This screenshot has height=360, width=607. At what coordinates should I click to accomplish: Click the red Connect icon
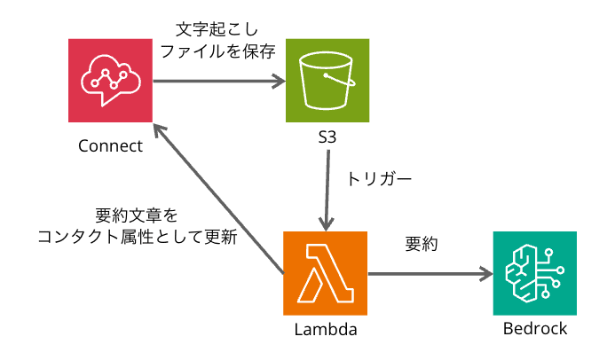tap(112, 81)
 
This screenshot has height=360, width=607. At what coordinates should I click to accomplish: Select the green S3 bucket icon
tap(327, 81)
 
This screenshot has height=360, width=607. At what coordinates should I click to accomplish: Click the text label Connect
tap(110, 145)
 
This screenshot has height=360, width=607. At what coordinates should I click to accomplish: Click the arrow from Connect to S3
tap(218, 82)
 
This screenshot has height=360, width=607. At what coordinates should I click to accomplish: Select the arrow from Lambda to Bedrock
tap(430, 275)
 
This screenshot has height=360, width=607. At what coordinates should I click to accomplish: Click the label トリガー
tap(379, 178)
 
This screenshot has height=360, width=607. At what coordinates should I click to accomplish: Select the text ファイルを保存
tap(217, 52)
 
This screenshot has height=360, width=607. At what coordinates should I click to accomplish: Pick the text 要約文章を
tap(137, 216)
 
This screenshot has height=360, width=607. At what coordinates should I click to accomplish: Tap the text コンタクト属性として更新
tap(137, 237)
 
